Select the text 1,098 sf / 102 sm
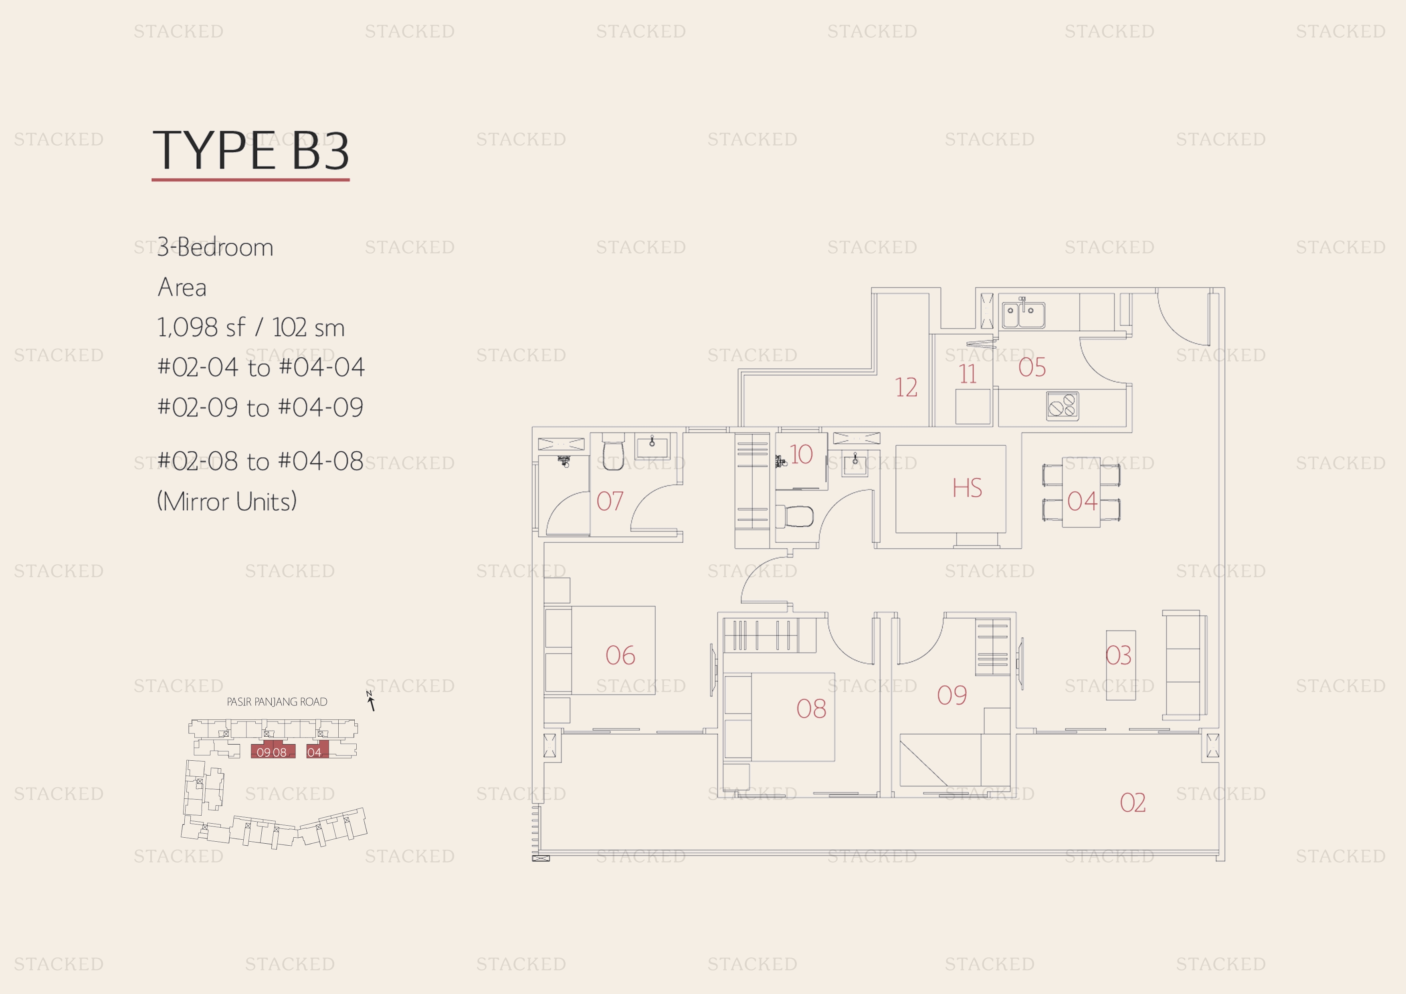(251, 327)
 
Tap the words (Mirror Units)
(226, 501)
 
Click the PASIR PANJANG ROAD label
(277, 702)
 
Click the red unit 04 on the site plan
(317, 749)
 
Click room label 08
(811, 709)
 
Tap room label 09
(951, 695)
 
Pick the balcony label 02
(1132, 803)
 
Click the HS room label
(967, 488)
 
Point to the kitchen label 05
(1032, 368)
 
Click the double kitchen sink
(1023, 315)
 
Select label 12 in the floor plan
(906, 388)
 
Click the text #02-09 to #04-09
(260, 407)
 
